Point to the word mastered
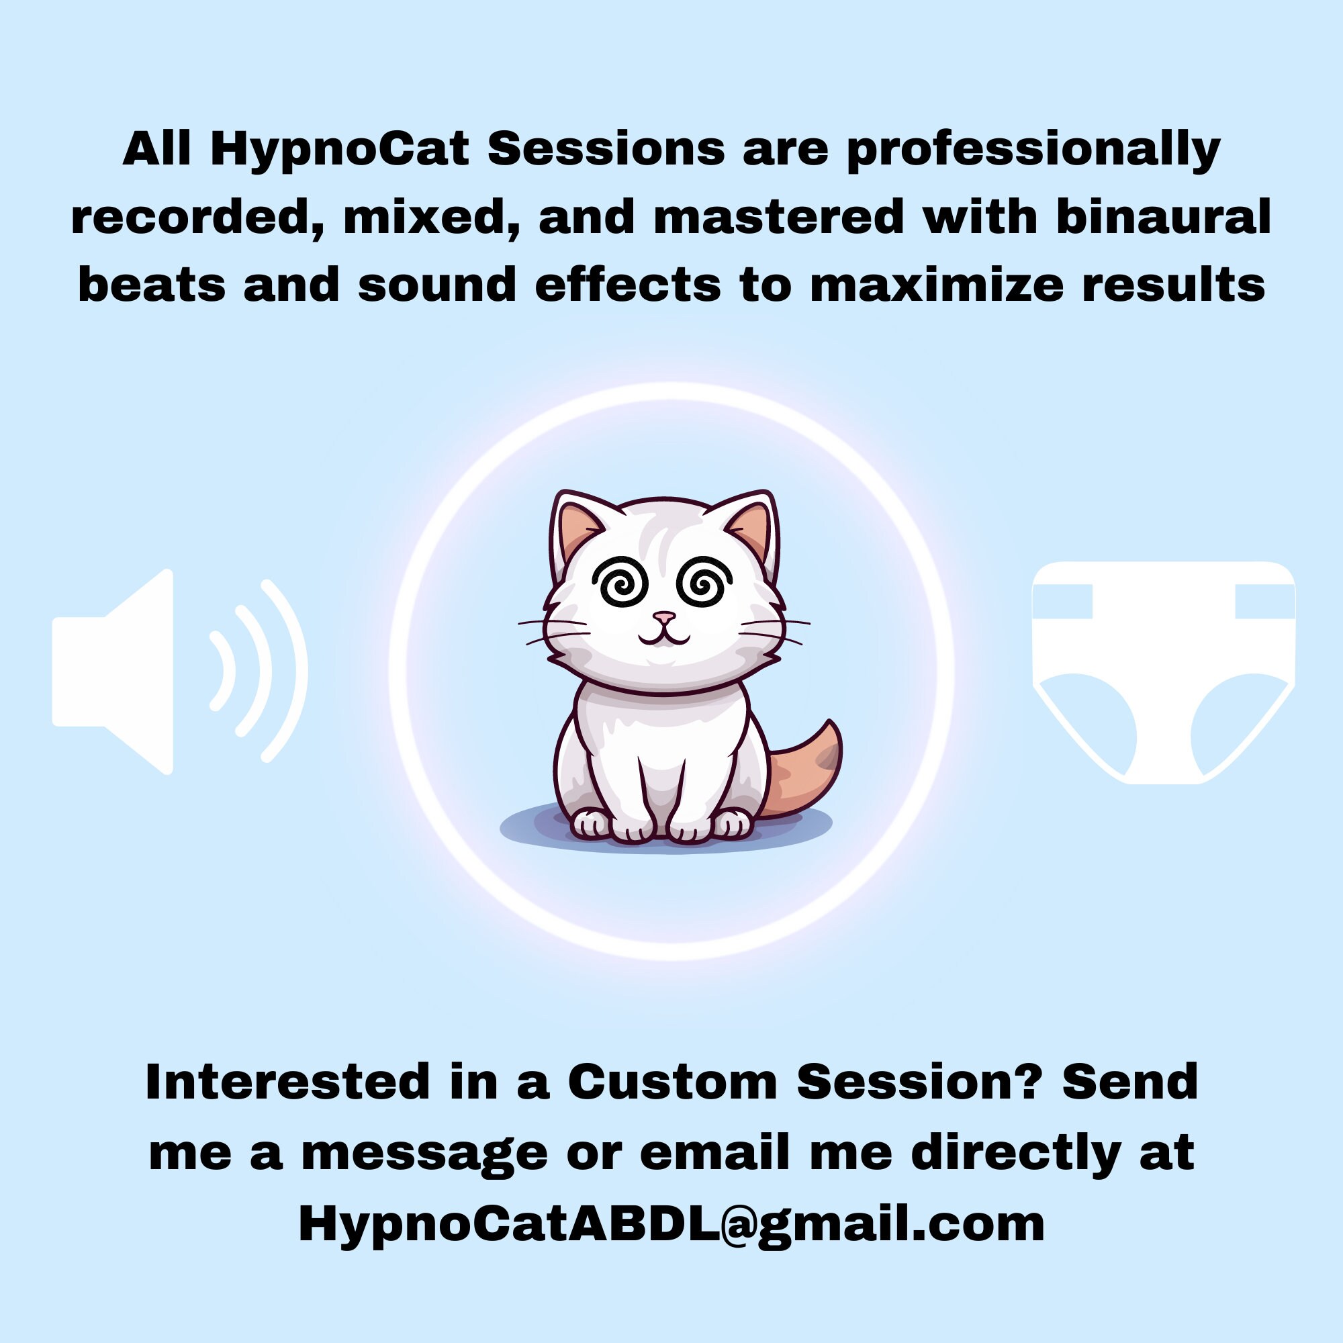click(778, 218)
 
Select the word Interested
click(287, 1082)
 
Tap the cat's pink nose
click(665, 616)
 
